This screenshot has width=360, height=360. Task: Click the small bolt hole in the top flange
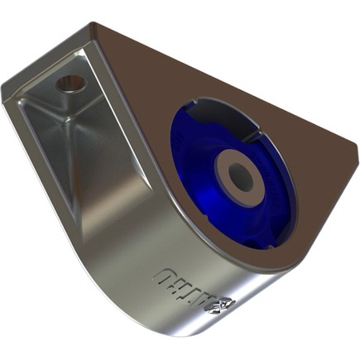click(70, 84)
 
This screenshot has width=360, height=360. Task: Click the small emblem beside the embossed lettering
click(223, 306)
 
